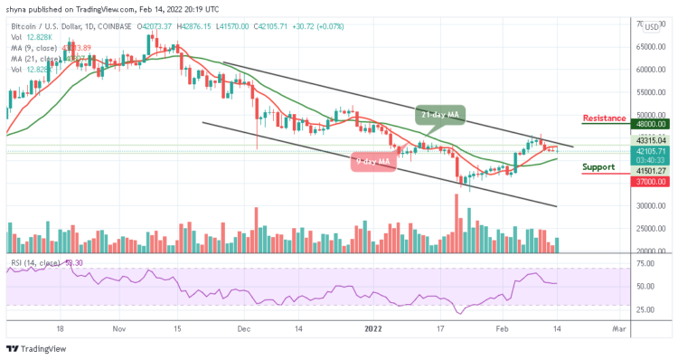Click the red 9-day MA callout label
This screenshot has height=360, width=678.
(371, 162)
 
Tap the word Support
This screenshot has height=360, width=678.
(598, 167)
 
